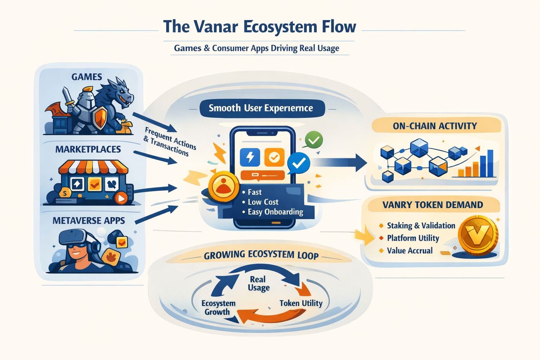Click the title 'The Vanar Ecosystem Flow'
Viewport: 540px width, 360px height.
[259, 27]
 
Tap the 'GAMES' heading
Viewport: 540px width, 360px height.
[86, 77]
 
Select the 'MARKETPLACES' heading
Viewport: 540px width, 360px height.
[88, 149]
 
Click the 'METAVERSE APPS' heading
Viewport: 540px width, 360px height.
[89, 220]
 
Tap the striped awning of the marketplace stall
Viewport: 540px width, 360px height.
[93, 167]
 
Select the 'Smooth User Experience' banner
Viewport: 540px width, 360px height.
[261, 108]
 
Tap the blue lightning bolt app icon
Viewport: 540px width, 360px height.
[250, 157]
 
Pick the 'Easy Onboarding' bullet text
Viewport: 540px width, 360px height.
[275, 212]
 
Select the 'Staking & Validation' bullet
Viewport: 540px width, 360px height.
[421, 225]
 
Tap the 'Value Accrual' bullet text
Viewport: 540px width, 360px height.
[410, 251]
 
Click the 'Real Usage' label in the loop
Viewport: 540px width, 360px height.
[258, 283]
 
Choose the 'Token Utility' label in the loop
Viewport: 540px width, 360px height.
[301, 303]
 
